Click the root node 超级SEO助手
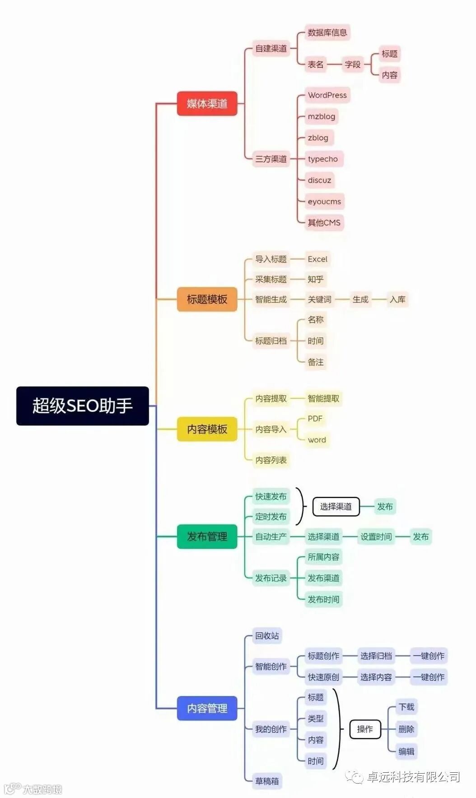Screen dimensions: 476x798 pyautogui.click(x=82, y=406)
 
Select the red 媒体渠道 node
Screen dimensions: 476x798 pyautogui.click(x=207, y=103)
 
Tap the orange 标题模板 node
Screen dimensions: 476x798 pyautogui.click(x=207, y=299)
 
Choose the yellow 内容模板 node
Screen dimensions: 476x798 pyautogui.click(x=207, y=429)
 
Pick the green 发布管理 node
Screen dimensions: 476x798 pyautogui.click(x=207, y=537)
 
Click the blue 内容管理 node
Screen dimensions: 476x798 pyautogui.click(x=207, y=708)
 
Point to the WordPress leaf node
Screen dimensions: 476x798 pyautogui.click(x=327, y=95)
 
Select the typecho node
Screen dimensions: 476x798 pyautogui.click(x=322, y=159)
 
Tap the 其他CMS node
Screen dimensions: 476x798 pyautogui.click(x=324, y=223)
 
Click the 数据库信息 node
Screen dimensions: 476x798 pyautogui.click(x=327, y=33)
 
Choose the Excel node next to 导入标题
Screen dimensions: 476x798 pyautogui.click(x=317, y=259)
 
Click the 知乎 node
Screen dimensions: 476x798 pyautogui.click(x=315, y=279)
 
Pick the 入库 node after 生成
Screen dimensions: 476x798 pyautogui.click(x=397, y=299)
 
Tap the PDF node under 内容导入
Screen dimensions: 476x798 pyautogui.click(x=315, y=419)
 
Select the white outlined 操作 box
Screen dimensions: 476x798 pyautogui.click(x=365, y=729)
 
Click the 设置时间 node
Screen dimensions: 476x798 pyautogui.click(x=376, y=537)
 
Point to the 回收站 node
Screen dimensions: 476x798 pyautogui.click(x=267, y=636)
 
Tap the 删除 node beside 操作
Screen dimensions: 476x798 pyautogui.click(x=406, y=729)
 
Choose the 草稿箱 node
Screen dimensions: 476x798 pyautogui.click(x=267, y=781)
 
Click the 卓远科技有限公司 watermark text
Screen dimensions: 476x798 pyautogui.click(x=413, y=777)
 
